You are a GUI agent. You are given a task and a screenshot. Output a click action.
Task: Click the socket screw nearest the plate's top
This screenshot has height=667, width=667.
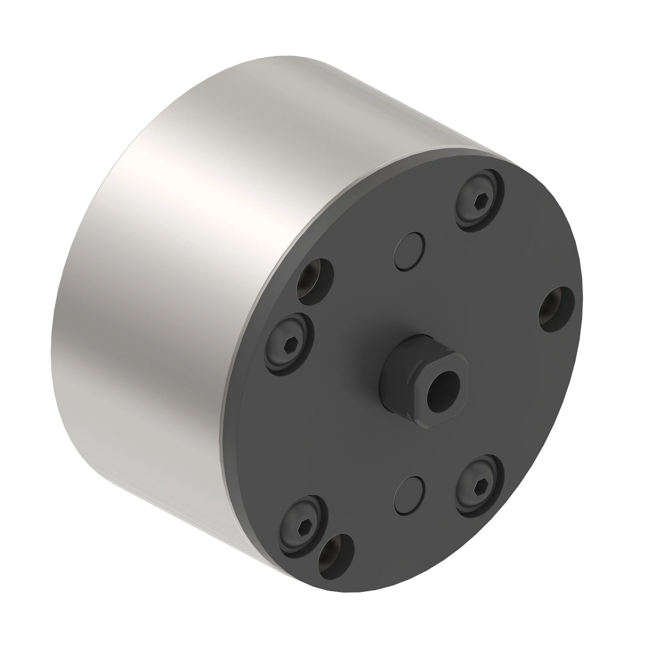(479, 200)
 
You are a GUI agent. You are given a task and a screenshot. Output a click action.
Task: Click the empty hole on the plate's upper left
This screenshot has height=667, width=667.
(315, 281)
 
